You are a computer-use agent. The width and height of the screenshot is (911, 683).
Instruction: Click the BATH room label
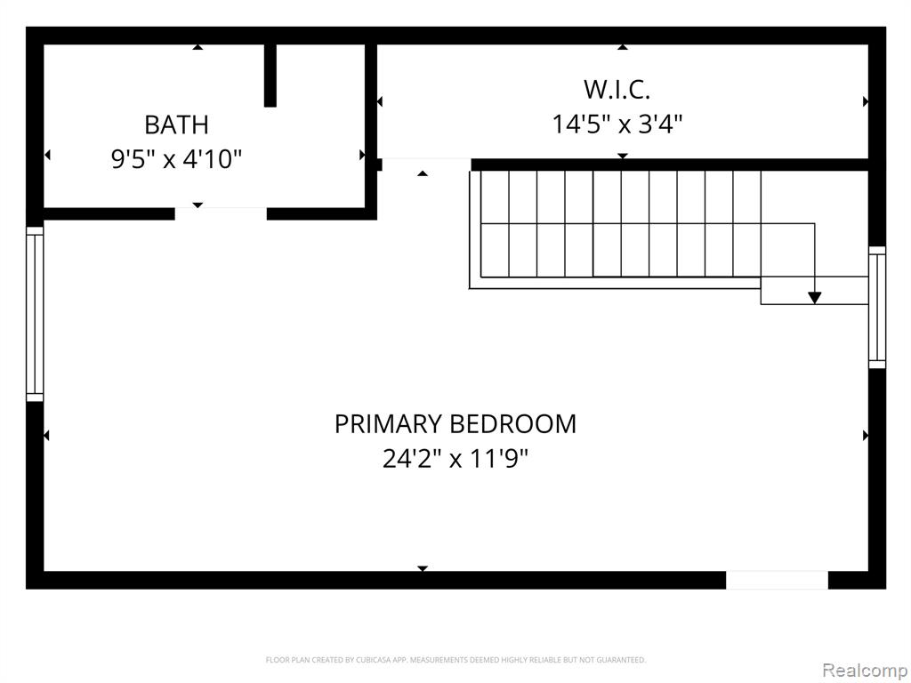coord(176,125)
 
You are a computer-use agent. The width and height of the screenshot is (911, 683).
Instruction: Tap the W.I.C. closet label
coord(617,90)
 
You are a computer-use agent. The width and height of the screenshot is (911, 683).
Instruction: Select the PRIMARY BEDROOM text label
coord(455,424)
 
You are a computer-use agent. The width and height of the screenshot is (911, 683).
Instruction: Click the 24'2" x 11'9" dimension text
coord(455,459)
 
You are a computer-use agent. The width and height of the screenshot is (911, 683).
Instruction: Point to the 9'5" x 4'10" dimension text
coord(176,158)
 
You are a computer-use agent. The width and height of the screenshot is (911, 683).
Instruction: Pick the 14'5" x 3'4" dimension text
coord(617,124)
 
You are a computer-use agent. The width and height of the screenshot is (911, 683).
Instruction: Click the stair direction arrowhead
coord(815,297)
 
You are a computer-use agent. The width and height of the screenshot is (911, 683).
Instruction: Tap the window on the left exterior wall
coord(35,314)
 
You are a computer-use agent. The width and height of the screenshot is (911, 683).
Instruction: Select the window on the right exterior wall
coord(876,307)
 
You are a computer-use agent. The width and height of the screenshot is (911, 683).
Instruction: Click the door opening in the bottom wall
coord(777,580)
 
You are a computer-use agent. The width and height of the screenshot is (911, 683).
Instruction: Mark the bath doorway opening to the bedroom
coord(221,213)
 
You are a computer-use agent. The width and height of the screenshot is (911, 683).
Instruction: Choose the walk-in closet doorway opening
coord(426,165)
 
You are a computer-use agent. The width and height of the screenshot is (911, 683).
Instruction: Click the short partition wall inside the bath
coord(270,76)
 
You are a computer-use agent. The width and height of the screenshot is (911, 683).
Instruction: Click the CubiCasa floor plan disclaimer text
coord(455,660)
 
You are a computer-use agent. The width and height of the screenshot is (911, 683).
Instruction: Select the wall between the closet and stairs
coord(669,165)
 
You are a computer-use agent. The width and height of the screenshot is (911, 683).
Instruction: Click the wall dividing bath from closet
coord(371,132)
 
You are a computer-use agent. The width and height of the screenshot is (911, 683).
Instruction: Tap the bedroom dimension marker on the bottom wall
coord(423,568)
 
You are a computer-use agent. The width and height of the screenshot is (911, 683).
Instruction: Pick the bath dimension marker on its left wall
coord(47,155)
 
